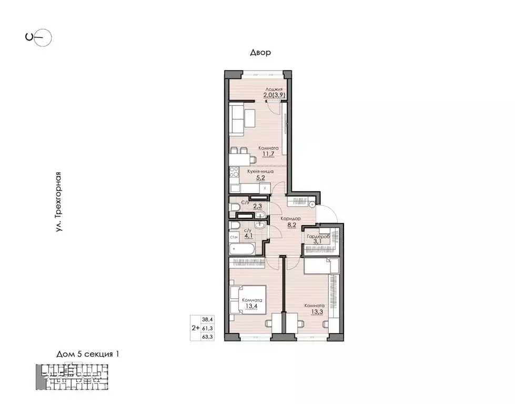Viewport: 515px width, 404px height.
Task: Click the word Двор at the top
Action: coord(260,53)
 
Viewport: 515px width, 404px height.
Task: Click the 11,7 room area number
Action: coord(268,155)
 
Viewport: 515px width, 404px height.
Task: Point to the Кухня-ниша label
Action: coord(260,171)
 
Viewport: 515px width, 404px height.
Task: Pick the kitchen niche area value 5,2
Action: coord(259,178)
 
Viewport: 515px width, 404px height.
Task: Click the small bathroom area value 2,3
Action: coord(258,207)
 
